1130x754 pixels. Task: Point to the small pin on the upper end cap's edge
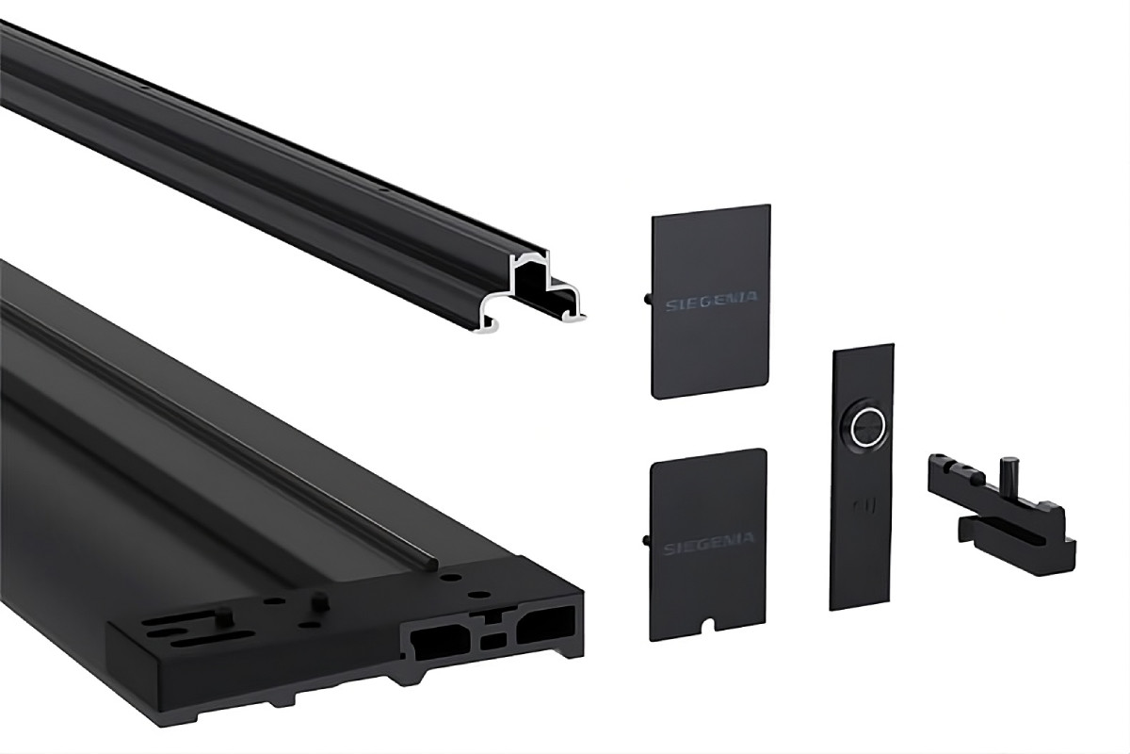click(648, 300)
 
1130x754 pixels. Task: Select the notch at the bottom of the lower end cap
click(709, 625)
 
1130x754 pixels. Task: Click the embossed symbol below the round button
click(865, 505)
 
